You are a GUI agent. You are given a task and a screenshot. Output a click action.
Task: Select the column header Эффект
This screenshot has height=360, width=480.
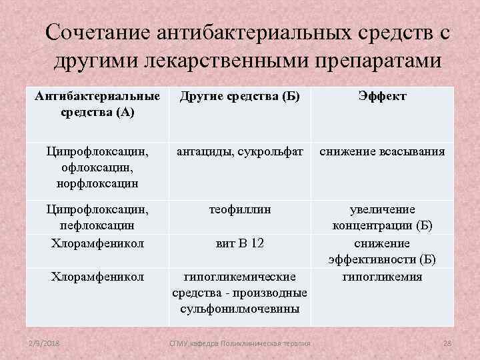point(382,97)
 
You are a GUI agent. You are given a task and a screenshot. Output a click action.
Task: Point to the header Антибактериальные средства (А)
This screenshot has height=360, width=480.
point(97,104)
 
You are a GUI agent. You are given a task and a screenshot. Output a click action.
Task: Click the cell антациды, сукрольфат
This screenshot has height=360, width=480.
point(239,151)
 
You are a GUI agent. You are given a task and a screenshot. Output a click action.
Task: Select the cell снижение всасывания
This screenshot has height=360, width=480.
point(382,151)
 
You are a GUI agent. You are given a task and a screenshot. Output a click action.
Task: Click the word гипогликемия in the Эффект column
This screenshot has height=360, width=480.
point(382,276)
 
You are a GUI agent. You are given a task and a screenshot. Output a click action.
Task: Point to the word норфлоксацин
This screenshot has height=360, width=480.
point(97,182)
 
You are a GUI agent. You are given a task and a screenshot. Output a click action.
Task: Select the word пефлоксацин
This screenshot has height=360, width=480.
point(97,226)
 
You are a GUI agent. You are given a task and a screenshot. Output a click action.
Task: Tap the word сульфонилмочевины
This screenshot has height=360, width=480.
point(239,309)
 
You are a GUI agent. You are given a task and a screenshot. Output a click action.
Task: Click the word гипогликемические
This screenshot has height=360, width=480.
point(239,276)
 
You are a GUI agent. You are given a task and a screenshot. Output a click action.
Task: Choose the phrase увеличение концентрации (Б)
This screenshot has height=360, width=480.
point(382,217)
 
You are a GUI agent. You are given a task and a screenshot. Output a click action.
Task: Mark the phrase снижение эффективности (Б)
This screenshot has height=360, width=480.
point(382,251)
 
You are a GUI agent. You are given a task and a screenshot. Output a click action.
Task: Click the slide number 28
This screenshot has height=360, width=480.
point(447,343)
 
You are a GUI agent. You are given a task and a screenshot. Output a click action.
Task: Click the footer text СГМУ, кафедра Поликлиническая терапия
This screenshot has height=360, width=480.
point(240,343)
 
